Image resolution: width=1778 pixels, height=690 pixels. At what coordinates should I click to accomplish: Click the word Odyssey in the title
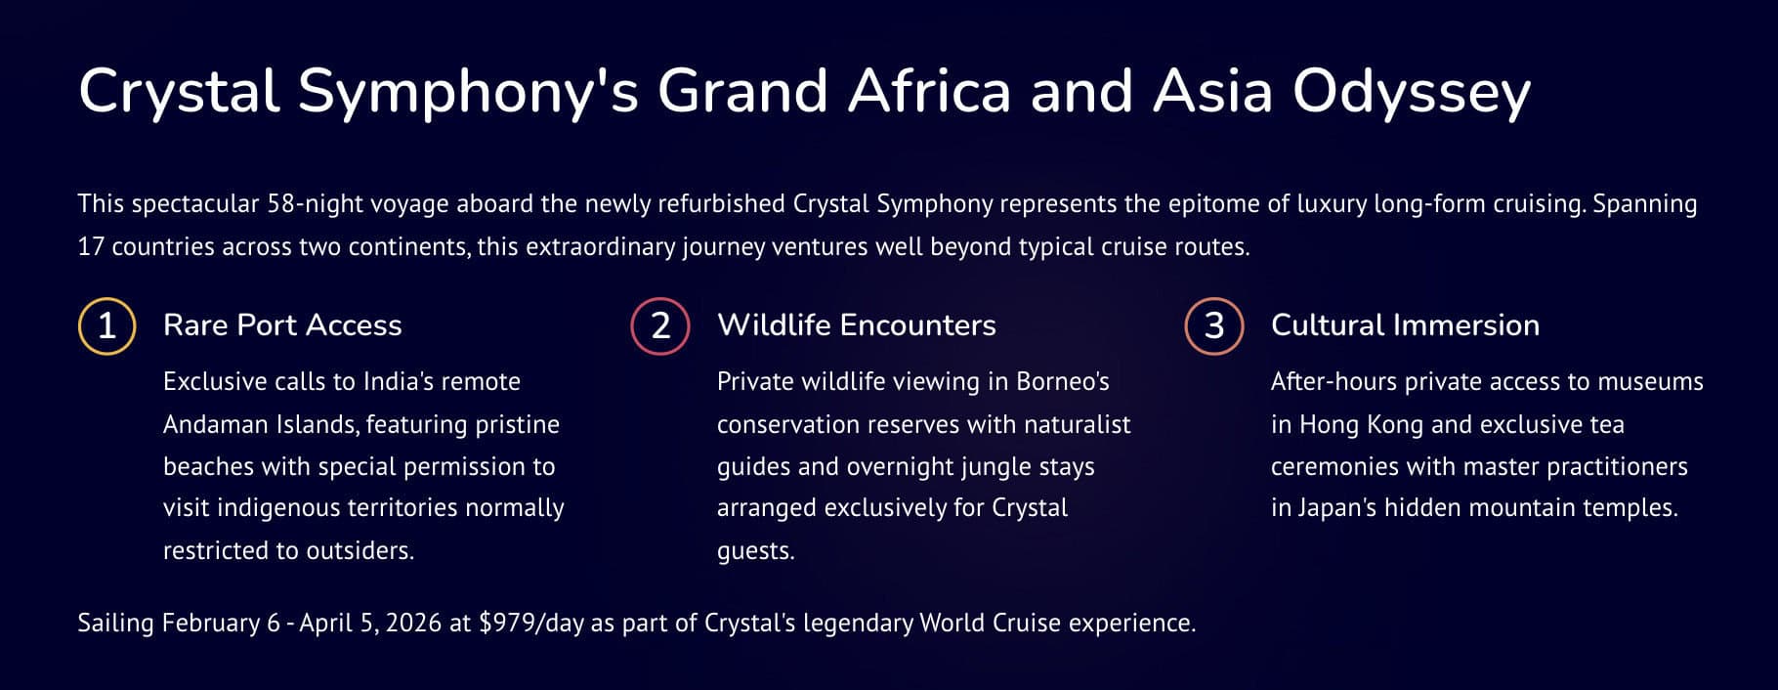coord(1412,93)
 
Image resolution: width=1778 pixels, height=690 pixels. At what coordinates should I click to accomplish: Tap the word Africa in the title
coord(929,91)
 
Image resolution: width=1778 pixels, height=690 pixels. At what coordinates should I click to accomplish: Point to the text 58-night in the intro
coord(314,203)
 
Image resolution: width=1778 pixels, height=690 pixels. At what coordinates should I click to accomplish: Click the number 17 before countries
coord(91,246)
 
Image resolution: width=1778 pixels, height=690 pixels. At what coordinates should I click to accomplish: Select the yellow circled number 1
coord(106,325)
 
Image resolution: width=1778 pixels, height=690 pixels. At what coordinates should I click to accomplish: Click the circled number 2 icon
coord(660,325)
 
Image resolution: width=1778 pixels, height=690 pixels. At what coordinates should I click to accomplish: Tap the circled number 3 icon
coord(1214,325)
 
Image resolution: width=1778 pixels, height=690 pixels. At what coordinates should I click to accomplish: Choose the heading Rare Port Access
coord(282,324)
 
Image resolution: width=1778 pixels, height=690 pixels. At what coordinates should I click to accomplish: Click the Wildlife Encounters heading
coord(857,324)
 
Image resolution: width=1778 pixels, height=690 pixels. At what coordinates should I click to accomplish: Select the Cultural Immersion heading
coord(1405,324)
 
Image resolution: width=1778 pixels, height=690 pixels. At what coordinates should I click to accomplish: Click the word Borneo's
coord(1063,381)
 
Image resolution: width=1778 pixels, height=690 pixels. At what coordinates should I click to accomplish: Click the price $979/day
coord(531,623)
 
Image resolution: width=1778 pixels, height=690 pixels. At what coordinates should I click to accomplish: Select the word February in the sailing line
coord(211,624)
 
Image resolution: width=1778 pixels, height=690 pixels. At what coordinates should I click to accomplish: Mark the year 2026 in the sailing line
coord(413,624)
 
